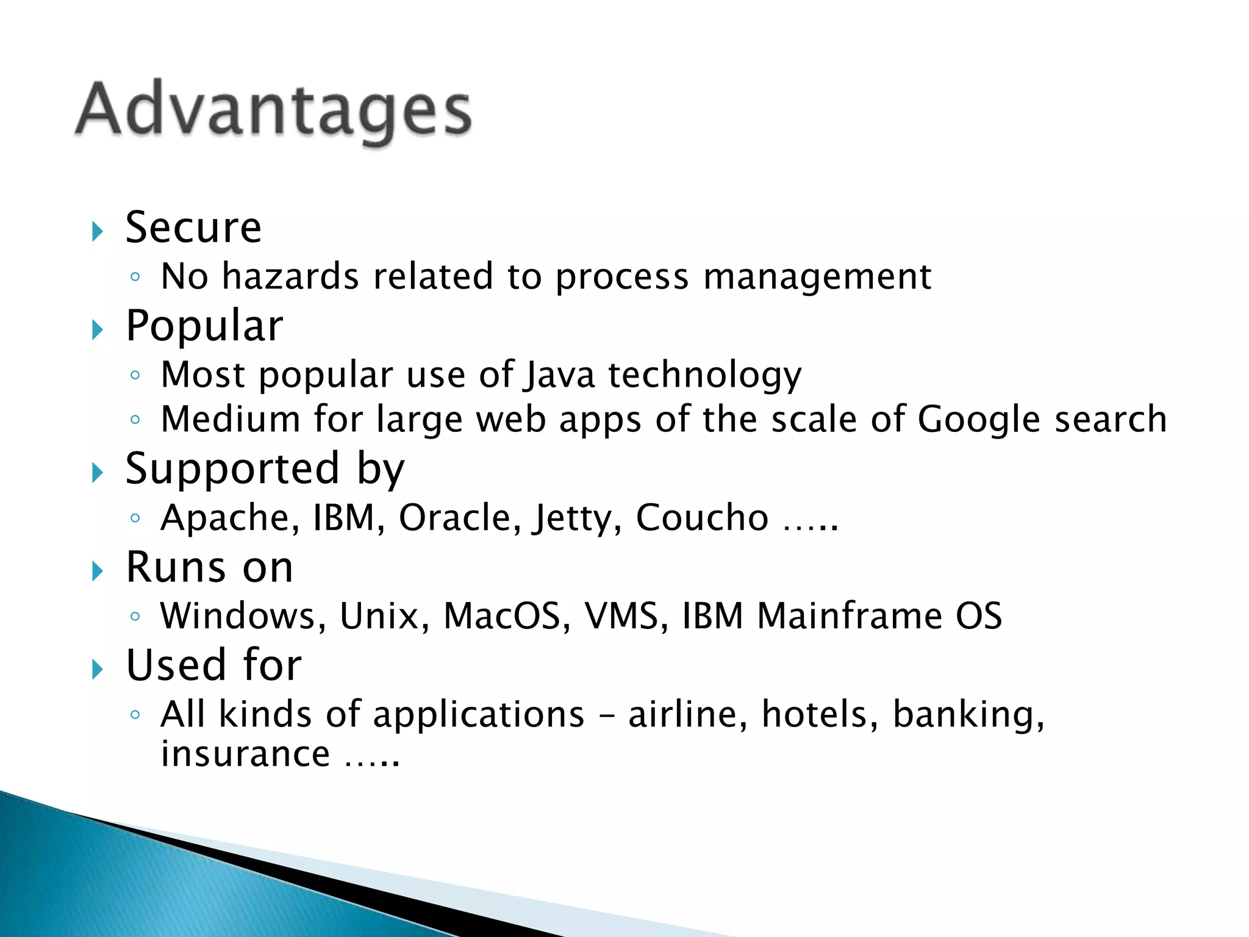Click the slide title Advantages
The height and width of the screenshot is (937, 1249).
click(x=273, y=110)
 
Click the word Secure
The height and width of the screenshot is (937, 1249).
click(x=193, y=228)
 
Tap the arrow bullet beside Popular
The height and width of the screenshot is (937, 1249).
click(x=97, y=330)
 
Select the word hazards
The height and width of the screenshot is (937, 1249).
click(x=290, y=276)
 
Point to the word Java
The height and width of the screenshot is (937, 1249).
click(x=559, y=375)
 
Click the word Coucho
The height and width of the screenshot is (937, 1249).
click(x=702, y=518)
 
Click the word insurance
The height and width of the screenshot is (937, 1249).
click(x=245, y=754)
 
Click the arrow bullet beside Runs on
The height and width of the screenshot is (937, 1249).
click(x=97, y=572)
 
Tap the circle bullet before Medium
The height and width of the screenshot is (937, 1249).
click(x=135, y=420)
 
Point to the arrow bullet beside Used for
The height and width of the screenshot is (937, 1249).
click(x=97, y=670)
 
